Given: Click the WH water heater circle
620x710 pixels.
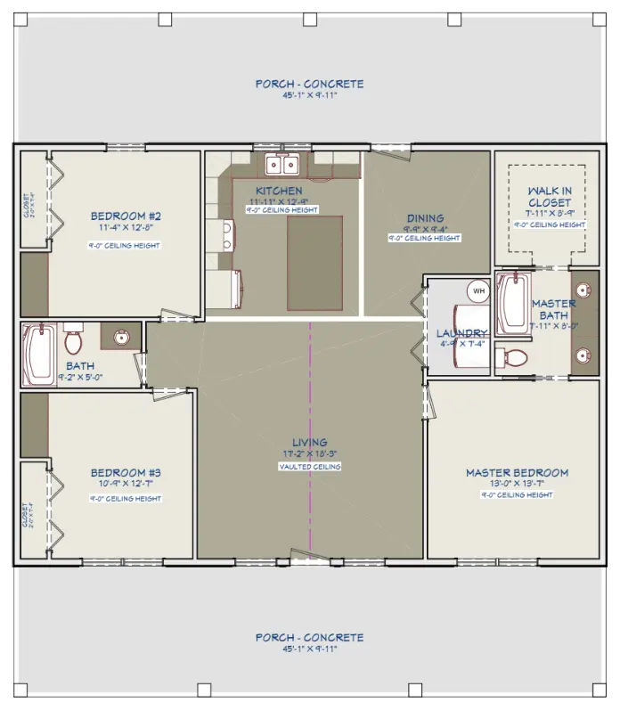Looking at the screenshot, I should click(x=478, y=291).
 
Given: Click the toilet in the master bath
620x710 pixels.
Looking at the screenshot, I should click(x=513, y=358).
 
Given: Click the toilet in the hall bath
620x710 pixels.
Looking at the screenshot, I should click(x=73, y=340).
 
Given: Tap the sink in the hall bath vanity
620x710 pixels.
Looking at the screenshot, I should click(x=121, y=337).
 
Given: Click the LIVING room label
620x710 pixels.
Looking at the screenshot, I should click(x=309, y=442).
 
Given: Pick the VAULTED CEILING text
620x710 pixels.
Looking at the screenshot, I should click(x=309, y=466).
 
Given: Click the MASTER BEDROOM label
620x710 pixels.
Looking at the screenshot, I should click(x=517, y=472).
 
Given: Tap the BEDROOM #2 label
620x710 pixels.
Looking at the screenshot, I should click(x=125, y=216).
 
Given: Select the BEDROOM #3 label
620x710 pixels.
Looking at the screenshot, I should click(x=125, y=472).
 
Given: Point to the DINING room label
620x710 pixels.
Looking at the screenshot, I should click(x=425, y=218).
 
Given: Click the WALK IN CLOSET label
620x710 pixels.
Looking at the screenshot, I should click(x=550, y=197).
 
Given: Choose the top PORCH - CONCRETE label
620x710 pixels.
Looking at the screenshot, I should click(x=309, y=84).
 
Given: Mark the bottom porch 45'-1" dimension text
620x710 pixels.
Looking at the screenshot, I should click(x=309, y=649).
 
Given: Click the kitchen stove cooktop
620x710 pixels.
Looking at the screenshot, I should click(x=225, y=234).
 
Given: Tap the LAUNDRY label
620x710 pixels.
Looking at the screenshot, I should click(x=461, y=333).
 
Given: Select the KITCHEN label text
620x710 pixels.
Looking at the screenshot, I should click(x=279, y=191).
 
